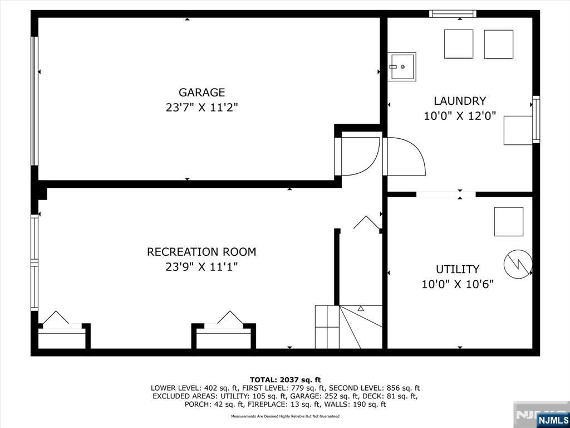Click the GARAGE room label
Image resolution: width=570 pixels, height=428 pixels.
[202, 93]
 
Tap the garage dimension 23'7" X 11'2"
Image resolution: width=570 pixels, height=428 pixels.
[202, 108]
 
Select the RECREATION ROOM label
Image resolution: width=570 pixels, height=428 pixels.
[202, 252]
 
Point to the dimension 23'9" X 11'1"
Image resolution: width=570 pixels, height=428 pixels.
[202, 267]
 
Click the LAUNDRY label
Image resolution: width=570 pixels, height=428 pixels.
[460, 101]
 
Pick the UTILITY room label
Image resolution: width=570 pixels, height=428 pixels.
[458, 269]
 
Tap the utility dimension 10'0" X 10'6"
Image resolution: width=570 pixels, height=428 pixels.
[458, 284]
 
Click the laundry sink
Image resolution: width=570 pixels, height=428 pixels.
[401, 67]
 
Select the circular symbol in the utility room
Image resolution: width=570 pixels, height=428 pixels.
[518, 264]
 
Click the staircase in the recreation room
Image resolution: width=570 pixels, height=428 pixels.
[348, 327]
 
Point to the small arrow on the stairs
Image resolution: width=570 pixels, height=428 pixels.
[361, 308]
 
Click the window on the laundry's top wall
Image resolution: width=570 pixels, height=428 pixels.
[453, 14]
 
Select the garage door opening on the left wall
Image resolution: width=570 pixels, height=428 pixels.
[34, 101]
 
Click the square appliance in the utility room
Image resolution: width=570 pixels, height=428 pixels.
[509, 222]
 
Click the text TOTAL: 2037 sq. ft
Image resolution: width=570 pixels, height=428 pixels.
[286, 380]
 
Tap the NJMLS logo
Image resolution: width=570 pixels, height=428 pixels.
[552, 419]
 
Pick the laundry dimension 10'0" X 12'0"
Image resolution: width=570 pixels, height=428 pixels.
[460, 116]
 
